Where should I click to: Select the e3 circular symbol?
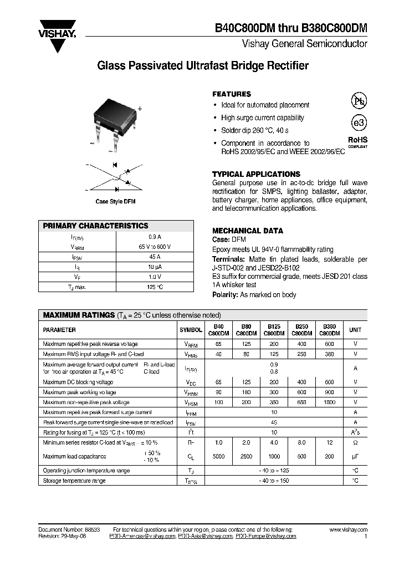[359, 123]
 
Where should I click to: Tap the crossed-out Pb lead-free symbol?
[359, 101]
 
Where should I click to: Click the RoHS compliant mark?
[357, 142]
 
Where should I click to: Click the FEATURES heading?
[232, 94]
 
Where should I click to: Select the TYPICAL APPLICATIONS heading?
[256, 174]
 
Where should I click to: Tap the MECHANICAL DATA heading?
[248, 231]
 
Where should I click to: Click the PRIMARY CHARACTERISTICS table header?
[96, 226]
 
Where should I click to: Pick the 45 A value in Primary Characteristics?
[155, 257]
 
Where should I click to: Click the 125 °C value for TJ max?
[155, 287]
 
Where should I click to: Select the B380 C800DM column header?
[329, 330]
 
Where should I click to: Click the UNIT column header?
[355, 330]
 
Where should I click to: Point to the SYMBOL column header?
[191, 330]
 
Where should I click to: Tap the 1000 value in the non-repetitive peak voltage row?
[329, 402]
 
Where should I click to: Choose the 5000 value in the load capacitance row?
[218, 457]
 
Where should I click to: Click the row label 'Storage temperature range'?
[74, 481]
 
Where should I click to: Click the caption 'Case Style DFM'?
[115, 202]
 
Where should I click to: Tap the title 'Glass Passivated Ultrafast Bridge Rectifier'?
[203, 66]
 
